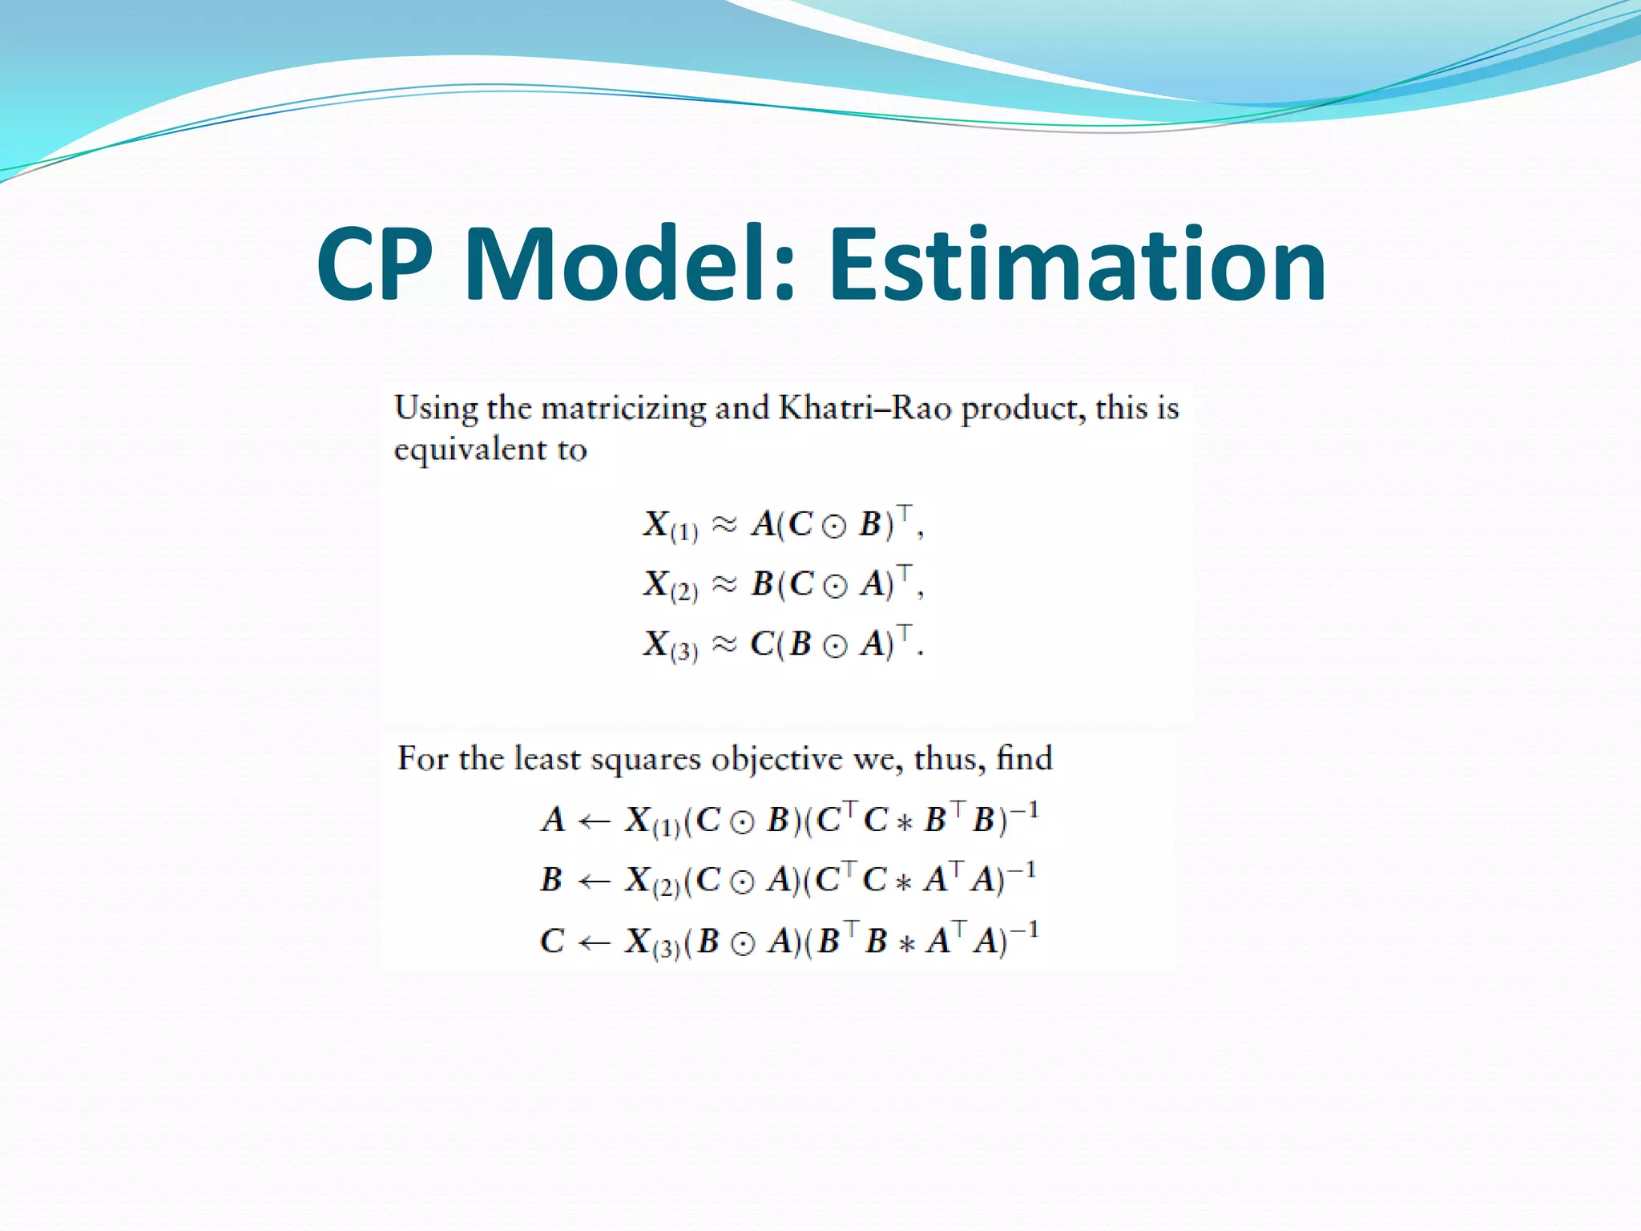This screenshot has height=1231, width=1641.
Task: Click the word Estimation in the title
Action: click(1077, 264)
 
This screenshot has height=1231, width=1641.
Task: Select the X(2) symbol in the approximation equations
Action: click(670, 586)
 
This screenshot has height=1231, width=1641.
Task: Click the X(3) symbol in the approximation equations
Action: click(670, 646)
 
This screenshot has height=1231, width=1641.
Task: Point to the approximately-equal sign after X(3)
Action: click(724, 644)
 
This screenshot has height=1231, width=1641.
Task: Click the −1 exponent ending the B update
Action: click(1021, 870)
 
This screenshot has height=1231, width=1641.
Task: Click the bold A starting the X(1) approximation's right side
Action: click(764, 525)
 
